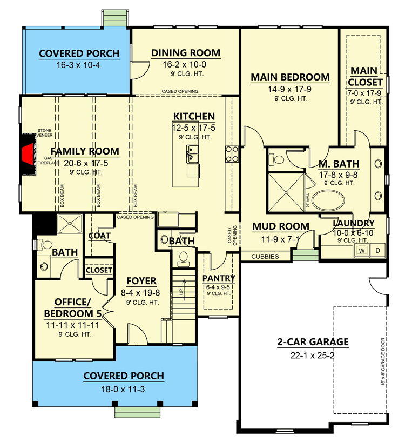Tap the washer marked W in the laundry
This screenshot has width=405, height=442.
pyautogui.click(x=361, y=251)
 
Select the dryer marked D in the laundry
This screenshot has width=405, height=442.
pyautogui.click(x=377, y=251)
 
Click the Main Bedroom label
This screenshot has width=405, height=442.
pyautogui.click(x=290, y=77)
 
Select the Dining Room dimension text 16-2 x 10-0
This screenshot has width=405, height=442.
pyautogui.click(x=185, y=64)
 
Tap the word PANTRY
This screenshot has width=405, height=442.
pyautogui.click(x=219, y=278)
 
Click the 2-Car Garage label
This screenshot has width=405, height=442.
pyautogui.click(x=313, y=341)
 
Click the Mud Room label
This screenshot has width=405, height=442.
pyautogui.click(x=281, y=226)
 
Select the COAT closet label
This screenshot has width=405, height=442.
pyautogui.click(x=100, y=236)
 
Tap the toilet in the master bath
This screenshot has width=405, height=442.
pyautogui.click(x=275, y=160)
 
